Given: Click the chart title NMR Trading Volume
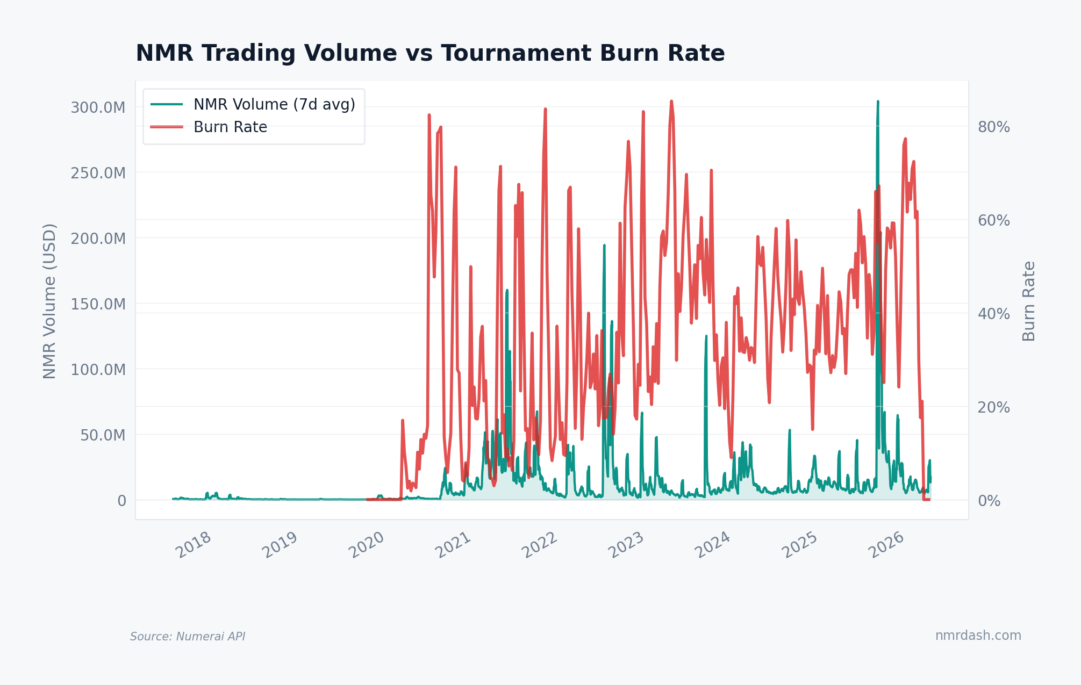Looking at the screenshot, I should pyautogui.click(x=430, y=53).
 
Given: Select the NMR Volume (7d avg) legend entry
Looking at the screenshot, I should pyautogui.click(x=274, y=104).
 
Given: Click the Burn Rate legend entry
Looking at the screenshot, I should pyautogui.click(x=230, y=127).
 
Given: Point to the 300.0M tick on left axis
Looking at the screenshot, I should pyautogui.click(x=98, y=107).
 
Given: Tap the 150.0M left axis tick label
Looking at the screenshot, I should pyautogui.click(x=98, y=304).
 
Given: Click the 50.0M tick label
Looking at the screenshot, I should pyautogui.click(x=103, y=435).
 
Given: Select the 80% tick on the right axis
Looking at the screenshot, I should pyautogui.click(x=993, y=127).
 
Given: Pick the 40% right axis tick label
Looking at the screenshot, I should pyautogui.click(x=993, y=314).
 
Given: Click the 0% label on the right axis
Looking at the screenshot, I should pyautogui.click(x=989, y=501).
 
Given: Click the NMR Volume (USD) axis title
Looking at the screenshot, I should pyautogui.click(x=49, y=301).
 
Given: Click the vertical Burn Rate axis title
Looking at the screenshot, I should pyautogui.click(x=1028, y=301).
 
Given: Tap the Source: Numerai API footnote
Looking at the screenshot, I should pyautogui.click(x=188, y=637).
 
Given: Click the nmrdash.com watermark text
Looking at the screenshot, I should pyautogui.click(x=978, y=636).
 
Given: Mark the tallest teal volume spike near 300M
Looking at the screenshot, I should pyautogui.click(x=878, y=102).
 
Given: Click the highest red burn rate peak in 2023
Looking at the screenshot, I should pyautogui.click(x=671, y=102).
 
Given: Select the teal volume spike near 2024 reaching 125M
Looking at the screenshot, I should pyautogui.click(x=706, y=336).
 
